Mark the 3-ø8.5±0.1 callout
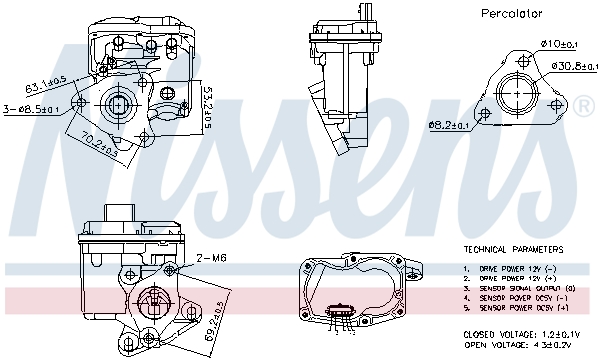click(31, 109)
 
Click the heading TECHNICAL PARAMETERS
click(513, 249)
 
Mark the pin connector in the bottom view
click(343, 311)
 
